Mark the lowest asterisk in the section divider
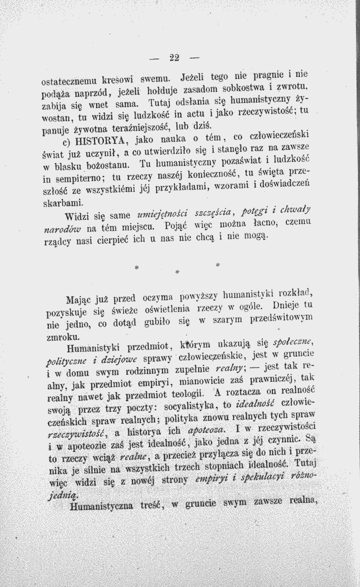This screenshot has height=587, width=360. (177, 272)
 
